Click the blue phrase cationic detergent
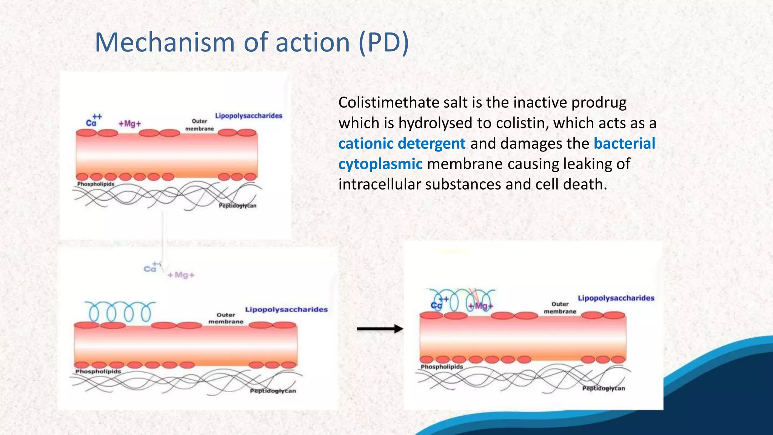[402, 144]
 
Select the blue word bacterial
[624, 144]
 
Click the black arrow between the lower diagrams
[380, 329]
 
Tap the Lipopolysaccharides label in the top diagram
[249, 116]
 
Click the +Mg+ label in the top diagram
[130, 124]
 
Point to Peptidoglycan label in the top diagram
[237, 206]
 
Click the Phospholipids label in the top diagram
[95, 184]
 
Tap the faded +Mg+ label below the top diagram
[181, 275]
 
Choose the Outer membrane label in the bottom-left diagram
[226, 318]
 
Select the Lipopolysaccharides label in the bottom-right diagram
[616, 298]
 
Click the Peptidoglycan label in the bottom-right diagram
[603, 389]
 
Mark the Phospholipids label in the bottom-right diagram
[442, 367]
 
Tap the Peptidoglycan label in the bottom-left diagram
[273, 391]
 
